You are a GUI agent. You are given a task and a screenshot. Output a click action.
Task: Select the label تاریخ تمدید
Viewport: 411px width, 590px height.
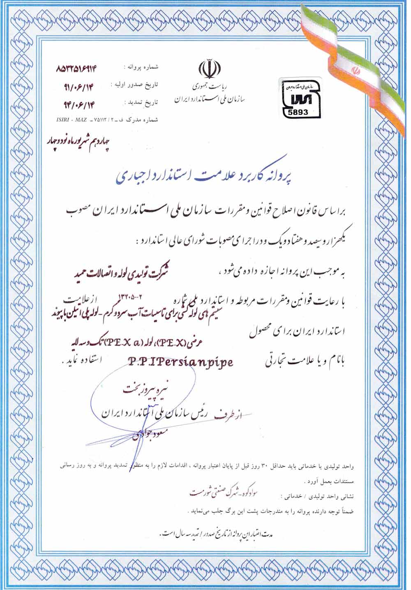tap(140, 102)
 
